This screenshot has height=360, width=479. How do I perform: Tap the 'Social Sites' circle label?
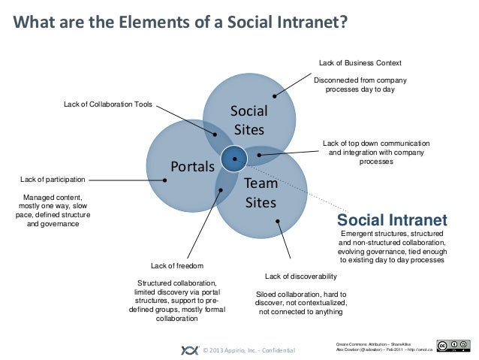click(249, 120)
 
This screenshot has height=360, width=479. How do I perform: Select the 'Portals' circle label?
click(193, 165)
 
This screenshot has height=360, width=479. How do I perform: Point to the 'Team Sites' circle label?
click(261, 193)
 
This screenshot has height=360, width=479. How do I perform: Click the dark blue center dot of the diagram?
click(235, 157)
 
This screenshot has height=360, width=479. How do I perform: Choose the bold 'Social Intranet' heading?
click(392, 220)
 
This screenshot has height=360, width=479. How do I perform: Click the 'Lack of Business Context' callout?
click(360, 62)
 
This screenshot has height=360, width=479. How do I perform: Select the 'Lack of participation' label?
click(53, 180)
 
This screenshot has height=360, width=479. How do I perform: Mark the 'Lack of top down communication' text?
click(375, 143)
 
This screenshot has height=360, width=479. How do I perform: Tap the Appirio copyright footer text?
click(244, 350)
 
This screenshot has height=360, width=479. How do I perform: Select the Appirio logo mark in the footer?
click(189, 349)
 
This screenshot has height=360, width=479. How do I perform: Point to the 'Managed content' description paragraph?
click(53, 210)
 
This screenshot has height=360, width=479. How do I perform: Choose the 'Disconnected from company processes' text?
click(360, 84)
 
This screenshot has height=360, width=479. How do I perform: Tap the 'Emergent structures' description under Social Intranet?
click(392, 247)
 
